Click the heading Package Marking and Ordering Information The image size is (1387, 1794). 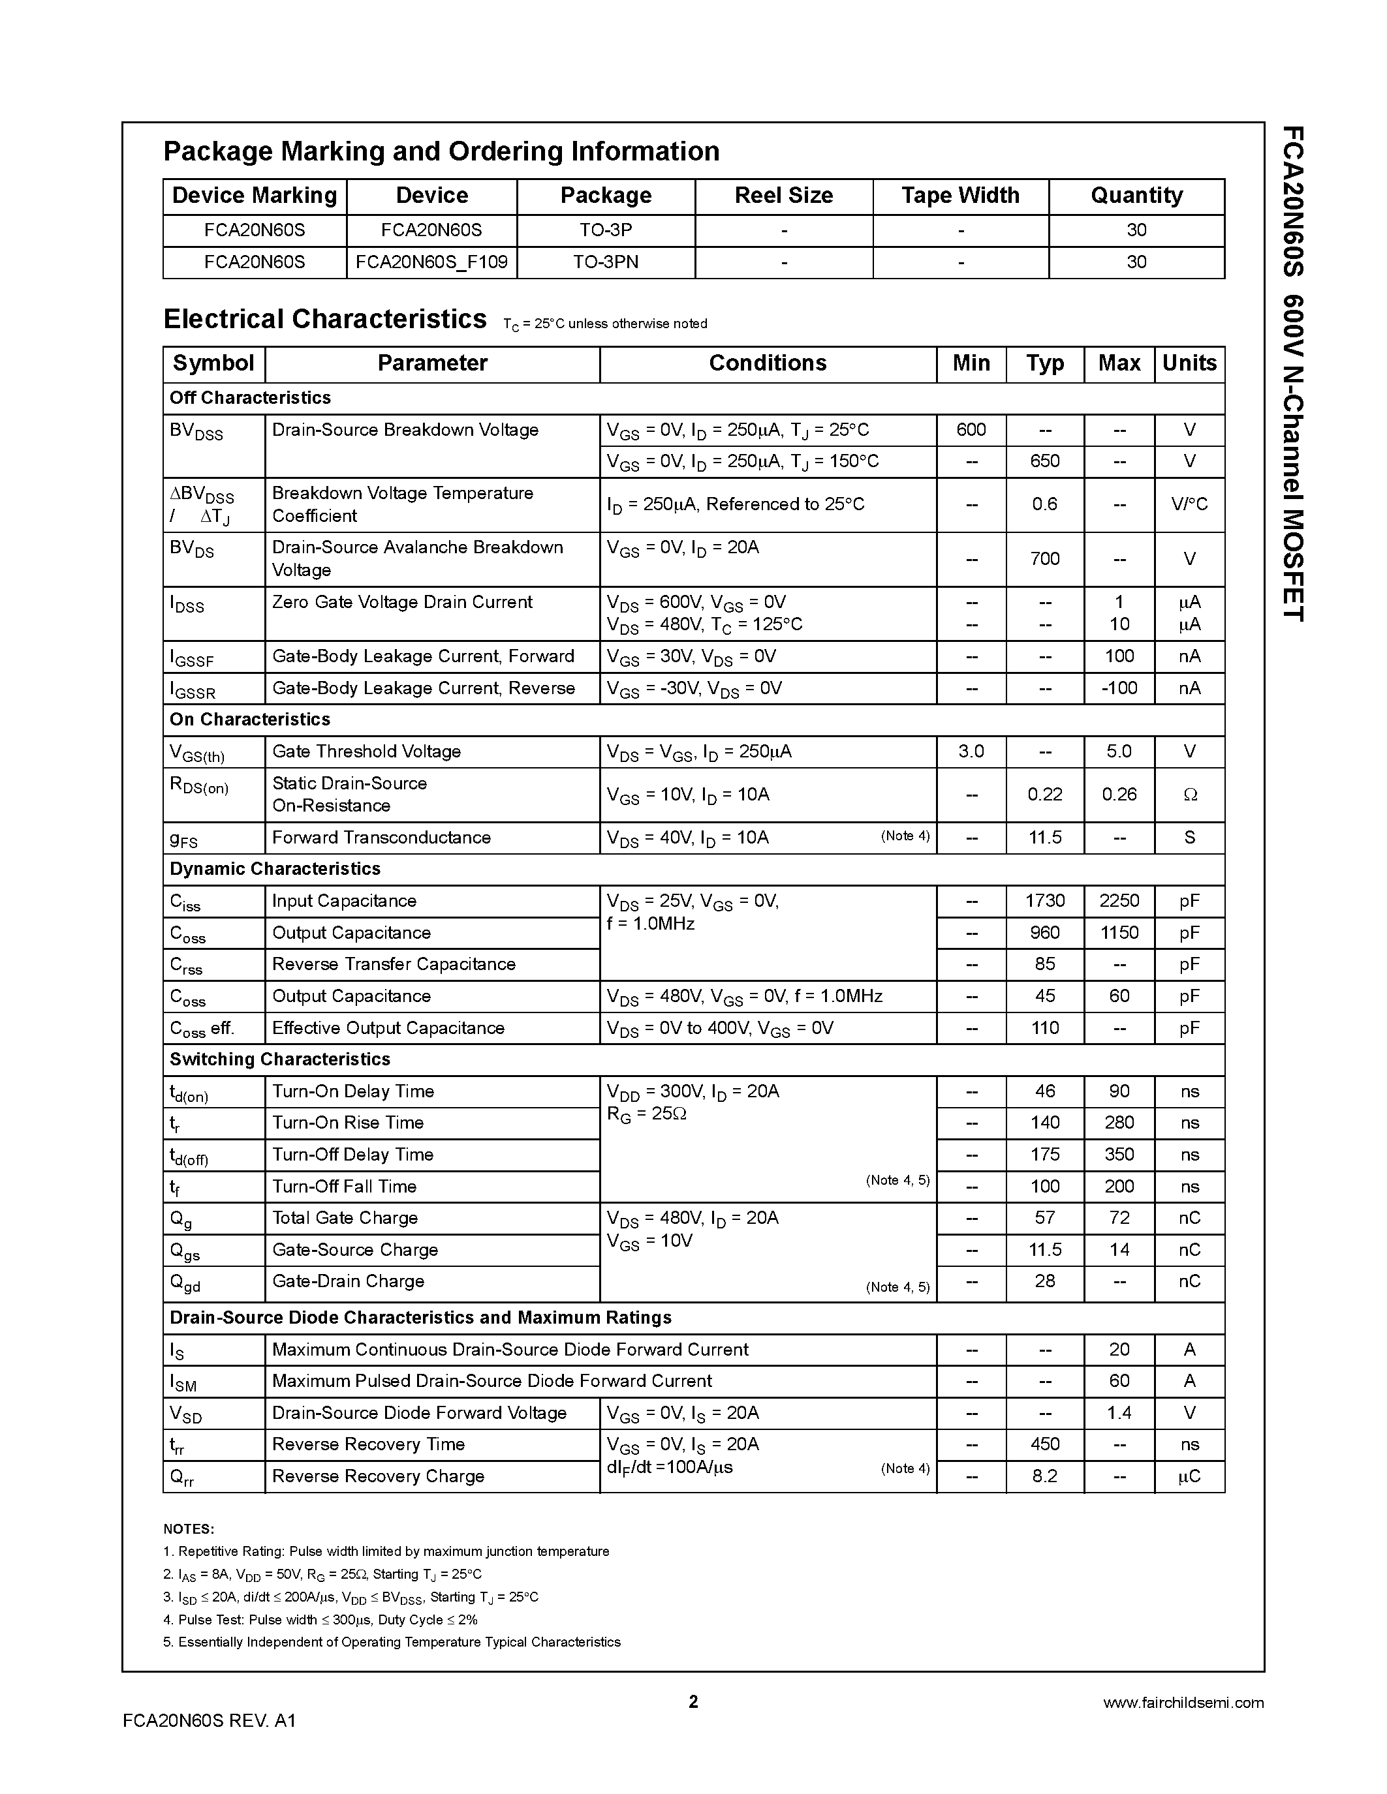(441, 152)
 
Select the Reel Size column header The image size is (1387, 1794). (783, 196)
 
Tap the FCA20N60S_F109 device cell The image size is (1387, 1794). (431, 262)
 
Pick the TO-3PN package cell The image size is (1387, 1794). (606, 262)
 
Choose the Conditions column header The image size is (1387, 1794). (768, 363)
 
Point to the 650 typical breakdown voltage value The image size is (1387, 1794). (1044, 461)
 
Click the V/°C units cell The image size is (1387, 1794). (1189, 504)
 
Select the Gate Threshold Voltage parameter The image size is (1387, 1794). (366, 751)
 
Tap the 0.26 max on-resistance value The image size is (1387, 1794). (1119, 795)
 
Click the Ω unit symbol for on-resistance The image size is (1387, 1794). (1189, 795)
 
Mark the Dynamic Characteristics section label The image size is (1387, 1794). (275, 868)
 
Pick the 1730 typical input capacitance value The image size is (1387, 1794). (1044, 900)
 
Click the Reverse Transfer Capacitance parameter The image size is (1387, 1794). (394, 964)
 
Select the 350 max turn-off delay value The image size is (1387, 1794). (1119, 1154)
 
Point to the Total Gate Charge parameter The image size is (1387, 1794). (345, 1217)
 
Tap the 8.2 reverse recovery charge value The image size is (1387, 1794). (1044, 1476)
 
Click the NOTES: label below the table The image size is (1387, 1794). (189, 1528)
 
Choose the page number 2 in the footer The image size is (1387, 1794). (693, 1701)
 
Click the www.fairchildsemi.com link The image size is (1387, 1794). (1183, 1703)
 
